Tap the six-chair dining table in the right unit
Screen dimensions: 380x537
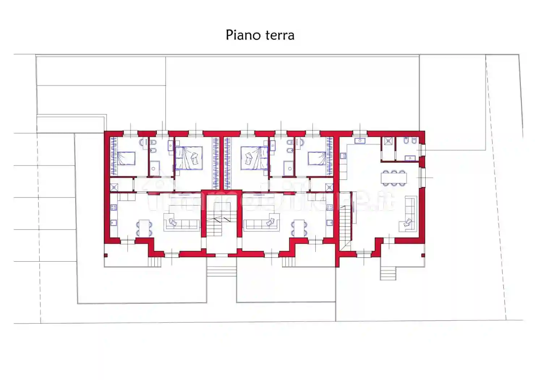(x=393, y=178)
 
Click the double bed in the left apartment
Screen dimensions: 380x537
(x=188, y=158)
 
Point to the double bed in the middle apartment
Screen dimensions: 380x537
(x=255, y=158)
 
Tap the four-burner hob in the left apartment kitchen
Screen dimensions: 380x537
(x=114, y=207)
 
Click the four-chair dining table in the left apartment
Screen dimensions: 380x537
(x=144, y=228)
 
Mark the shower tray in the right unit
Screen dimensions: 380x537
(x=388, y=141)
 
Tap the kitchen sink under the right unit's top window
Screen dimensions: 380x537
(x=360, y=141)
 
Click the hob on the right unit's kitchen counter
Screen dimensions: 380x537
(x=343, y=156)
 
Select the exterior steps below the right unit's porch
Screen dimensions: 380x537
(x=388, y=273)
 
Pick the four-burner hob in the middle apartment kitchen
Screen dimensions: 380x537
(x=329, y=207)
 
